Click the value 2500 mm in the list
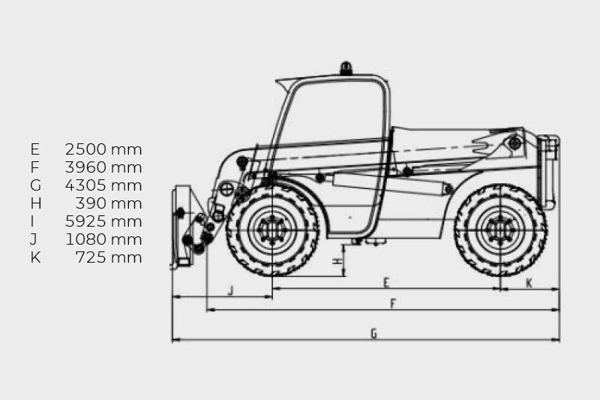click(x=103, y=149)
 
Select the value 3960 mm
click(x=103, y=167)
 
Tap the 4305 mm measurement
click(x=103, y=185)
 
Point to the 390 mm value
click(x=109, y=203)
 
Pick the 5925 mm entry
click(x=103, y=221)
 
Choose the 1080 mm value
click(x=103, y=239)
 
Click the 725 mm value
click(x=109, y=257)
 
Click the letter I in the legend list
click(x=32, y=221)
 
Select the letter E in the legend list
click(x=34, y=149)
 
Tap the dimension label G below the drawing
click(x=373, y=334)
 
